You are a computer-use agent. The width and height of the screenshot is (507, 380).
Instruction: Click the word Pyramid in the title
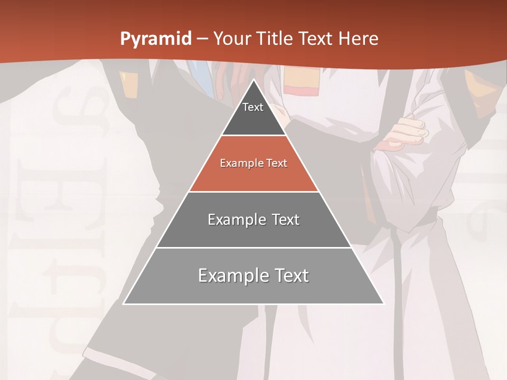tap(155, 39)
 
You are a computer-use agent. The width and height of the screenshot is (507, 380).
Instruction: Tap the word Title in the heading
tap(275, 39)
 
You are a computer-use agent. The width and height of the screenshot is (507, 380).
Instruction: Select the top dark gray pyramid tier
tap(253, 113)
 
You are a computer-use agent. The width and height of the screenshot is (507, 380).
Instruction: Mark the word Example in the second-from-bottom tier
tap(230, 220)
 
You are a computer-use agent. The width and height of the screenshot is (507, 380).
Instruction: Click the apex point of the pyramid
tap(253, 79)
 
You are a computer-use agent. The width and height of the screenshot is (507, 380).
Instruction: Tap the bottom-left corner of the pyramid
tap(124, 303)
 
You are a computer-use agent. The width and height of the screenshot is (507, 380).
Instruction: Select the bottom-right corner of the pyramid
tap(383, 303)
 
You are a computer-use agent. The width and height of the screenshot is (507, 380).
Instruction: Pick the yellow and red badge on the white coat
tap(298, 83)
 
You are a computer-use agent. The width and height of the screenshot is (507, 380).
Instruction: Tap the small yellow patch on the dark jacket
tap(125, 77)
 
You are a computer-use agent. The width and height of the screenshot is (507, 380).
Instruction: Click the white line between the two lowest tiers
tap(253, 248)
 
